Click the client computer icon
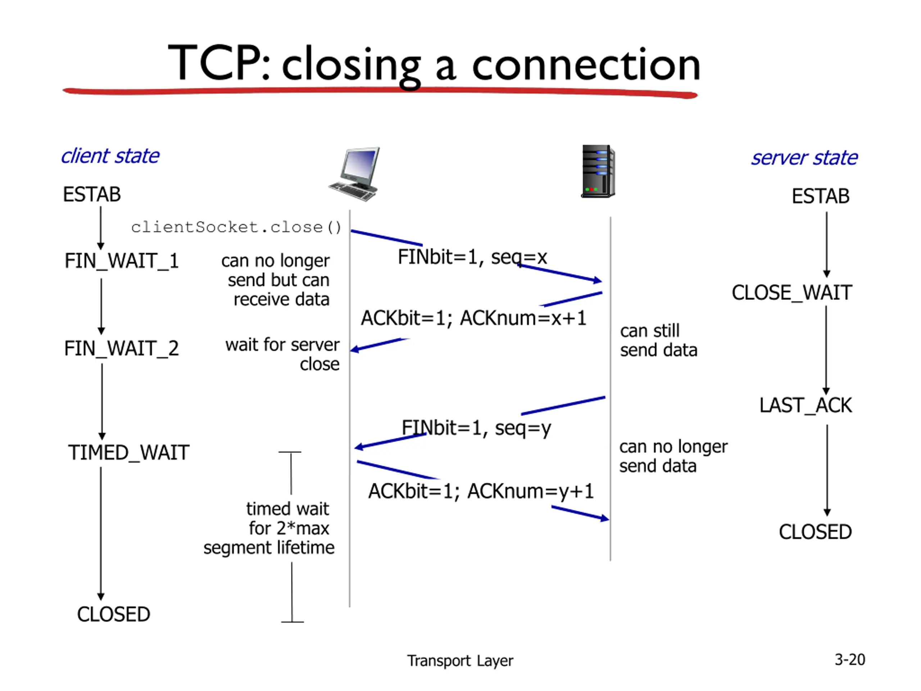tap(354, 174)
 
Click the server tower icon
tap(598, 171)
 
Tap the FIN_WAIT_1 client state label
tap(122, 261)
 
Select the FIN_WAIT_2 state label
tap(122, 348)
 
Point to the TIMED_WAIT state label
tap(129, 452)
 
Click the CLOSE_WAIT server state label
tap(792, 292)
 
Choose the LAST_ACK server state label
tap(806, 405)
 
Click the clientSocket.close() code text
tap(236, 227)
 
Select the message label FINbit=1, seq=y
tap(476, 428)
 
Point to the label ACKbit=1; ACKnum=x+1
tap(473, 318)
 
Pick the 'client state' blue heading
tap(110, 156)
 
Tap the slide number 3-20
tap(850, 660)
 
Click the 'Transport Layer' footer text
tap(460, 661)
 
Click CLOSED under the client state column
tap(114, 614)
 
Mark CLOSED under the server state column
tap(815, 532)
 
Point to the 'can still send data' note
tap(659, 341)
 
